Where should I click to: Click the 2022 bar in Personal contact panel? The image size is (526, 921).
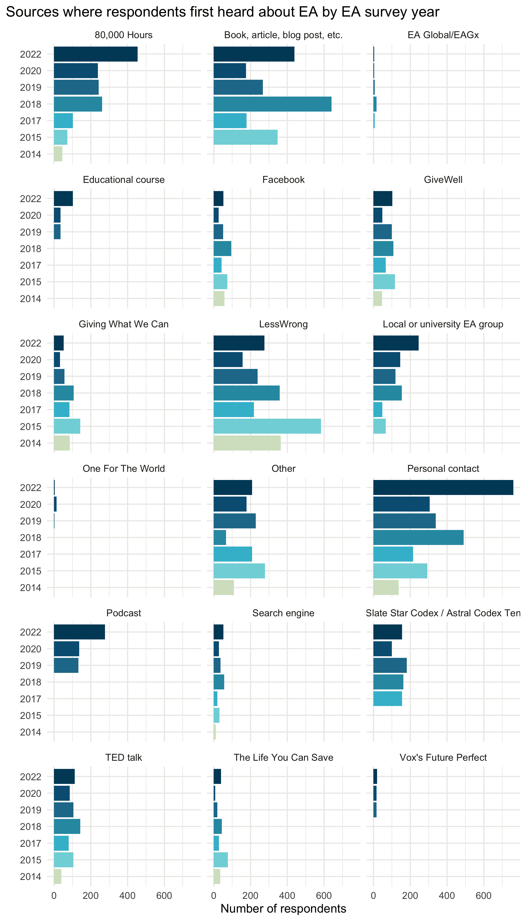[443, 487]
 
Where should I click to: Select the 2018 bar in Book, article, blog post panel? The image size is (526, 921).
[272, 104]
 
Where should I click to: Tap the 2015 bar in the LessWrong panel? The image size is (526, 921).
[267, 426]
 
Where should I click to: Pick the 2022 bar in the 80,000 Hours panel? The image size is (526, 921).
[96, 54]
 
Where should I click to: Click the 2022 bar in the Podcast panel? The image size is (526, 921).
[79, 632]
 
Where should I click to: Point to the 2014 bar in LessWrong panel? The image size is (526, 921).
[247, 443]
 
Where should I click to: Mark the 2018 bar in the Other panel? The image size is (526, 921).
[220, 537]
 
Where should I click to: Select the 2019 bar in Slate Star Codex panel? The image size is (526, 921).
[390, 665]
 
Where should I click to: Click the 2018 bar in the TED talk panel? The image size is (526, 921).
[67, 826]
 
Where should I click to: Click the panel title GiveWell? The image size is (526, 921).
[443, 180]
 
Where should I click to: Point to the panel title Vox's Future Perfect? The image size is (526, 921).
[443, 757]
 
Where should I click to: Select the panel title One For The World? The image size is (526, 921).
[124, 468]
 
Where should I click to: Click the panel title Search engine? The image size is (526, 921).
[283, 613]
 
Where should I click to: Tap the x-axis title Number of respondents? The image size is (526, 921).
[283, 908]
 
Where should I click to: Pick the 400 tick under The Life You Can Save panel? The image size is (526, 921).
[287, 896]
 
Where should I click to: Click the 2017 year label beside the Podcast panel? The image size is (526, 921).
[31, 699]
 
